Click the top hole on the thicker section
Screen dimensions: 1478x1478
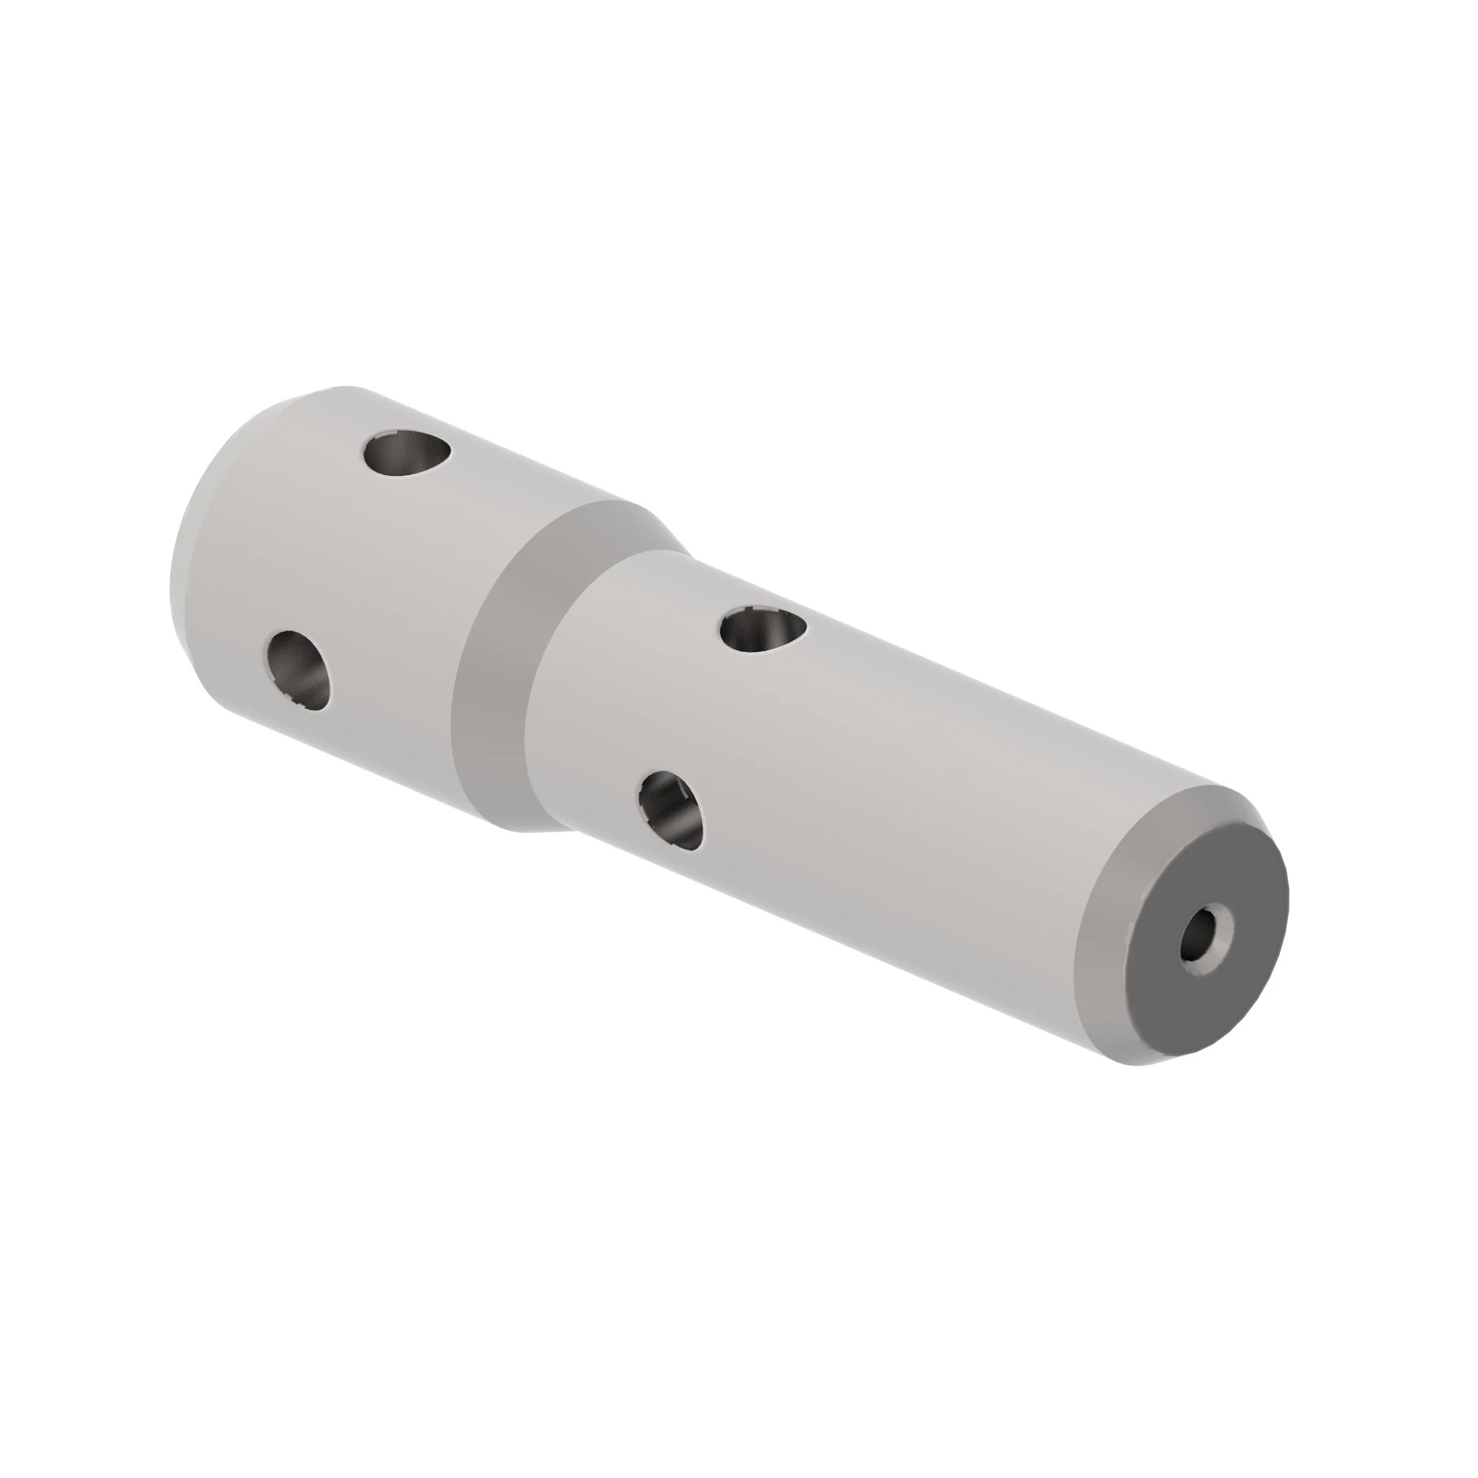tap(406, 457)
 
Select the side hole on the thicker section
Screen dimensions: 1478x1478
tap(301, 671)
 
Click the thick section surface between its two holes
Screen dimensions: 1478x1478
tap(344, 559)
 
